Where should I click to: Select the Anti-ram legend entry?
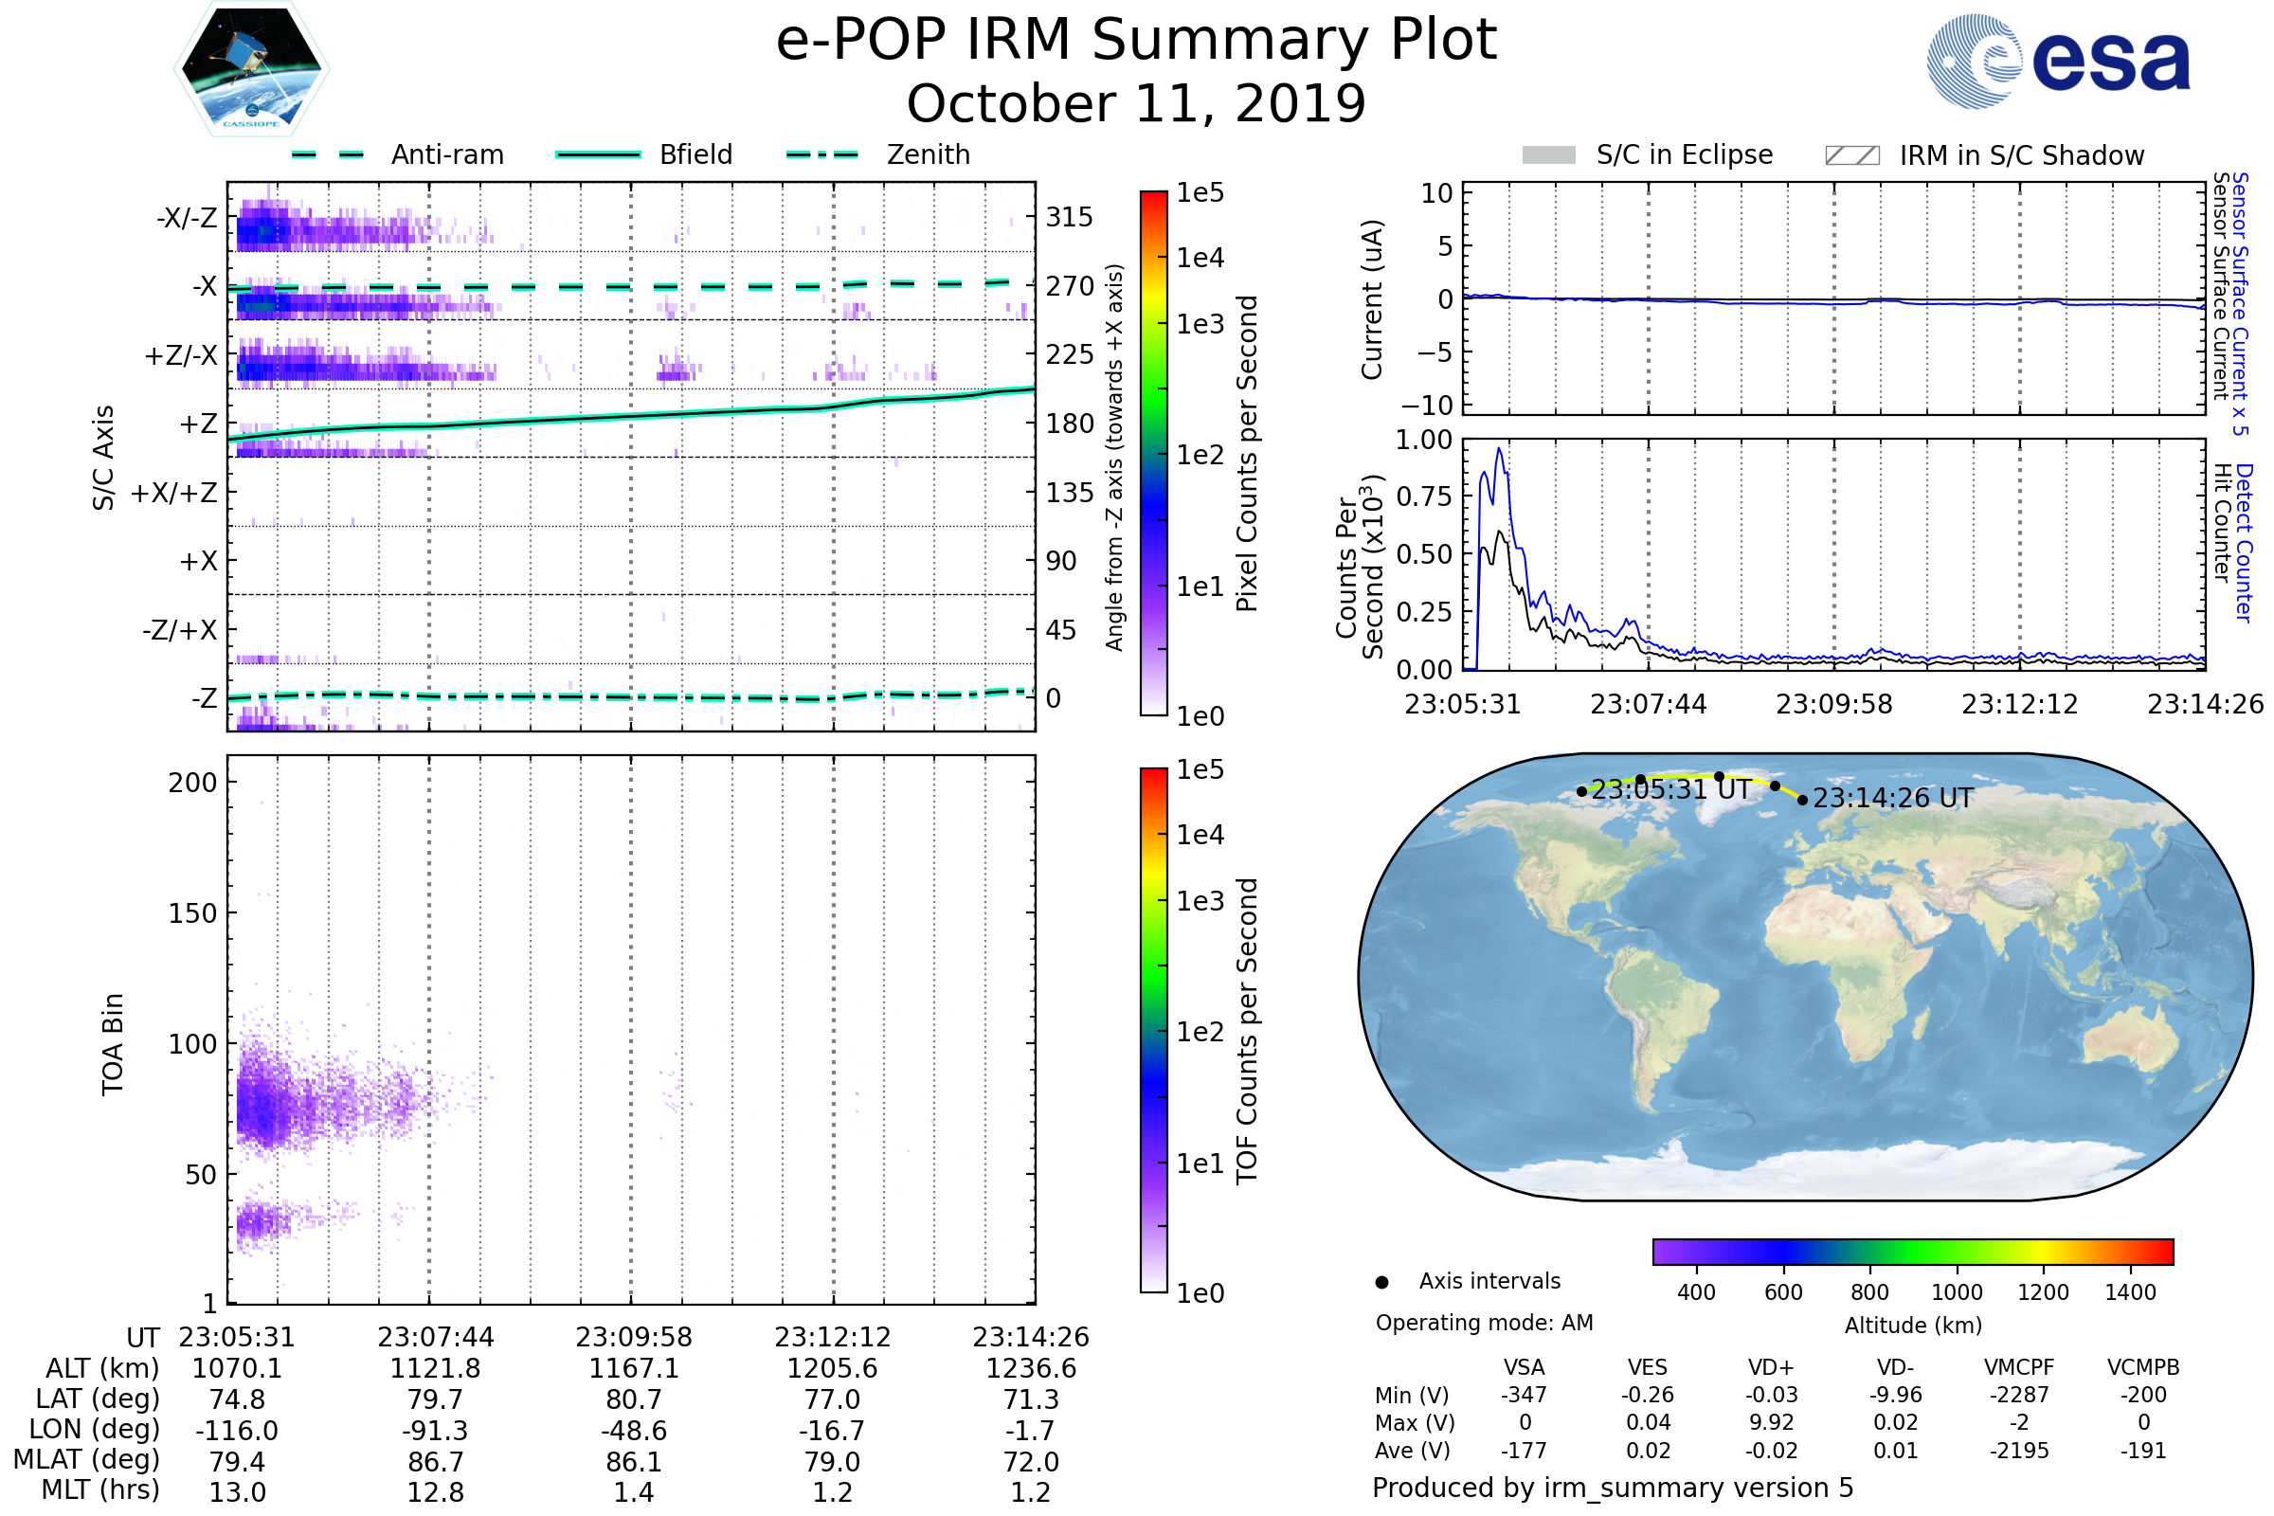coord(446,154)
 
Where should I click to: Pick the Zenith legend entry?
coord(928,154)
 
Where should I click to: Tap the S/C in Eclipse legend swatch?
coord(1548,154)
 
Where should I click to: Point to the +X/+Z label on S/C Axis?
coord(174,493)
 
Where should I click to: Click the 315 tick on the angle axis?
coord(1069,217)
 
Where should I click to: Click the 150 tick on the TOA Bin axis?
coord(192,913)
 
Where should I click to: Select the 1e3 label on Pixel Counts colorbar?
coord(1200,325)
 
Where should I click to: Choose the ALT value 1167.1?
coord(633,1368)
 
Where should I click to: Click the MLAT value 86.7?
coord(435,1462)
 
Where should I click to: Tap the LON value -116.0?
coord(237,1430)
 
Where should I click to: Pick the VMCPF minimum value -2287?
coord(2019,1395)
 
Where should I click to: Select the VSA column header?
coord(1524,1367)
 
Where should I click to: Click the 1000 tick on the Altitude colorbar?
coord(1956,1292)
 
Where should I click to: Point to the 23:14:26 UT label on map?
coord(1892,799)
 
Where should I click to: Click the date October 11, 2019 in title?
coord(1136,103)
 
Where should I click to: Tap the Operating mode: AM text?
coord(1483,1323)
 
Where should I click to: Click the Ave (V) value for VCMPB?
coord(2142,1451)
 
